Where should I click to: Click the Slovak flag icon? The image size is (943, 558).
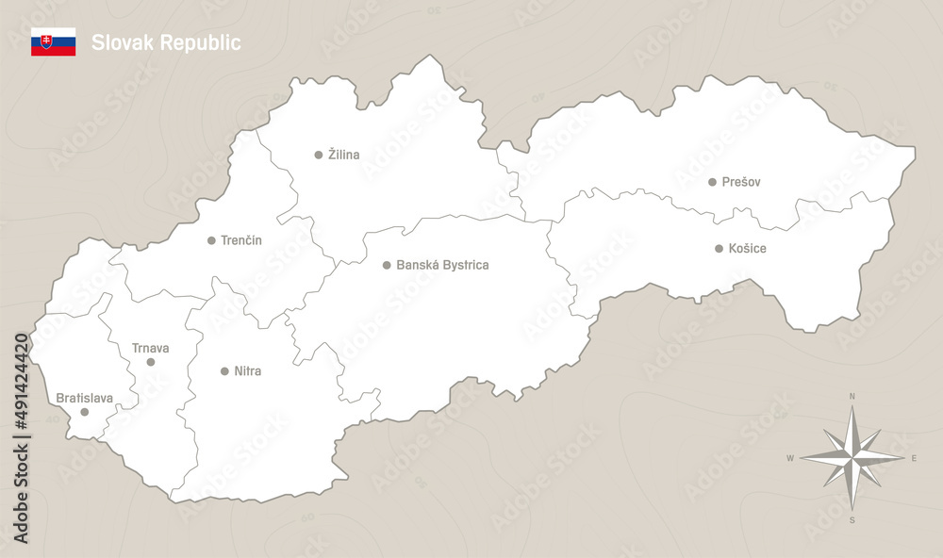pyautogui.click(x=53, y=42)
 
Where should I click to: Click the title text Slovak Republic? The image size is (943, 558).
pyautogui.click(x=166, y=42)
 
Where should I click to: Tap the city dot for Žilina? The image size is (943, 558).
pyautogui.click(x=319, y=155)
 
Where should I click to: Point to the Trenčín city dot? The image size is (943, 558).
pyautogui.click(x=211, y=240)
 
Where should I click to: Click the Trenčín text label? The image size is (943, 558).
pyautogui.click(x=241, y=240)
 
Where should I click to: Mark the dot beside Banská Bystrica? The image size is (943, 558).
pyautogui.click(x=387, y=266)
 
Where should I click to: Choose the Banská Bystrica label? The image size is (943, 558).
pyautogui.click(x=442, y=266)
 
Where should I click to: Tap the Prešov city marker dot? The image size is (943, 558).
pyautogui.click(x=713, y=182)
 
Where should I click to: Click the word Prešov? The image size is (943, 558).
pyautogui.click(x=741, y=182)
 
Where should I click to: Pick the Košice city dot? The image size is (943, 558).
pyautogui.click(x=720, y=249)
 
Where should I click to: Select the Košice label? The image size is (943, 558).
pyautogui.click(x=748, y=249)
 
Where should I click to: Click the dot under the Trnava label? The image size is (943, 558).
pyautogui.click(x=151, y=362)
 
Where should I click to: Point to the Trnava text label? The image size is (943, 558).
pyautogui.click(x=150, y=348)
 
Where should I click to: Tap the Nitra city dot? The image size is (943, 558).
pyautogui.click(x=224, y=371)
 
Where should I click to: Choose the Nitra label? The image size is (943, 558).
pyautogui.click(x=247, y=371)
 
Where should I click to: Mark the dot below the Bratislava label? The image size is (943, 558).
pyautogui.click(x=85, y=412)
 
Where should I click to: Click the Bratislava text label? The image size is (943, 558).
pyautogui.click(x=84, y=399)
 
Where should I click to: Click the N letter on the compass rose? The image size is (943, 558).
pyautogui.click(x=852, y=397)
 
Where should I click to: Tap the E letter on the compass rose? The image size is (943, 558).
pyautogui.click(x=914, y=458)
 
